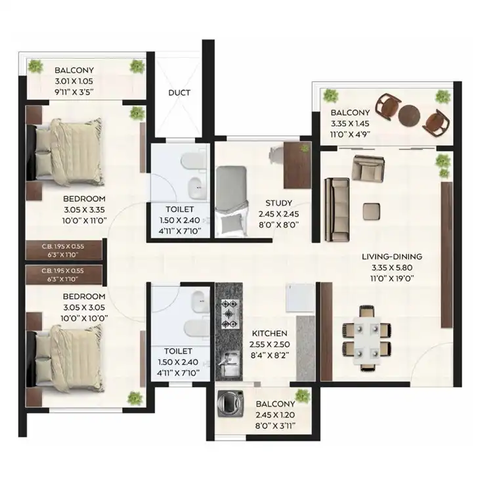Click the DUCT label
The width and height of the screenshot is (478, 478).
point(179,93)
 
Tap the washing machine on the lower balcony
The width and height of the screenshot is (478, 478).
point(230,404)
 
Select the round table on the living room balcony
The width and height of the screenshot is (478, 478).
point(409,116)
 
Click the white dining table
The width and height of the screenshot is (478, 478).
point(367,341)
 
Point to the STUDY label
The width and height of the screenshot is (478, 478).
point(278,203)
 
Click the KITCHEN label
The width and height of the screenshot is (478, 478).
point(269,334)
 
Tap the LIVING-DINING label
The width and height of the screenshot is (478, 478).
point(392,257)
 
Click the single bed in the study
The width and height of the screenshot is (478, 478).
point(231,201)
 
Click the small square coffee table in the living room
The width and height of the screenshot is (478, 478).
point(372,211)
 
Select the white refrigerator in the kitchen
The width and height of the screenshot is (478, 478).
point(300,299)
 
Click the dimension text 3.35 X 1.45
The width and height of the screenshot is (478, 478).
point(350,123)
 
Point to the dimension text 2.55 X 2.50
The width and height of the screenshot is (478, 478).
point(269,345)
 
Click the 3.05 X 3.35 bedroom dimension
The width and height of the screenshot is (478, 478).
point(84,209)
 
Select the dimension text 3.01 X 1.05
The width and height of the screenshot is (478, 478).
point(74,81)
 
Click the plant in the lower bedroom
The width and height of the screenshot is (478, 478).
point(135,398)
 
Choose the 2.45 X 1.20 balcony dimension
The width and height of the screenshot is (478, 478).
point(275,415)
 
